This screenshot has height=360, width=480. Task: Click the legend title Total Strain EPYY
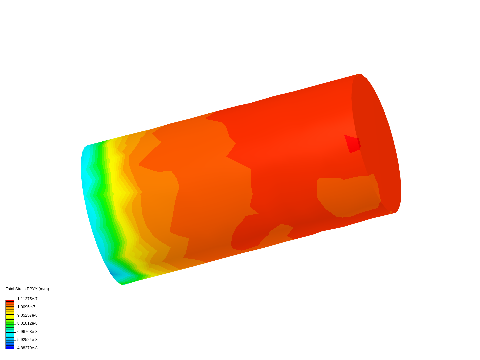tap(21, 289)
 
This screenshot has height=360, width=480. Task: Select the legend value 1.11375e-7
tap(27, 299)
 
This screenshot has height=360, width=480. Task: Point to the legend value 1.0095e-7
tap(26, 307)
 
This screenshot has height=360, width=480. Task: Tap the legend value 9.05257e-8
tap(27, 315)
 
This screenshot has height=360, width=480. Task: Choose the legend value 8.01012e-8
tap(27, 323)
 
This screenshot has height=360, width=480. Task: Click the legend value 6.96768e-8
tap(27, 332)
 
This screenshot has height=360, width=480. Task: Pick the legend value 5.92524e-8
tap(27, 339)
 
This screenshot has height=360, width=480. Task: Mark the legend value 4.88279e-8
tap(27, 348)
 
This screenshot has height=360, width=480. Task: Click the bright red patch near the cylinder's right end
tap(352, 144)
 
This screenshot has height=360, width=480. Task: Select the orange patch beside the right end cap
tap(348, 196)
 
